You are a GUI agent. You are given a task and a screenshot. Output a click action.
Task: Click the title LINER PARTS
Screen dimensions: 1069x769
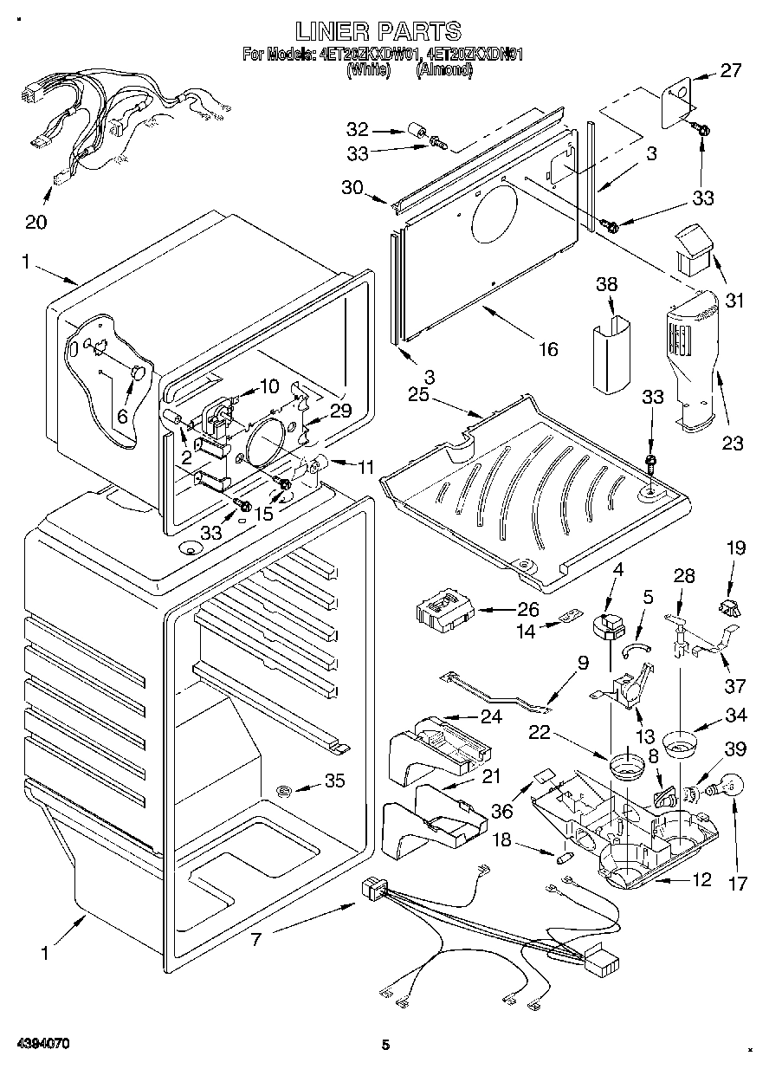[378, 31]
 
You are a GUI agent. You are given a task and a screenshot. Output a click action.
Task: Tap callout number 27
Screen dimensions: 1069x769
[732, 71]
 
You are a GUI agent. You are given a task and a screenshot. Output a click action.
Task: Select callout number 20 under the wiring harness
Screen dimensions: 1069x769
[36, 222]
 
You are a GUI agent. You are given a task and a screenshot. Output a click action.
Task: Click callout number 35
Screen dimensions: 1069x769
[334, 781]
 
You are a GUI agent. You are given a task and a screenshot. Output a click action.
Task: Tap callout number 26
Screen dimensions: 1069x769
[528, 609]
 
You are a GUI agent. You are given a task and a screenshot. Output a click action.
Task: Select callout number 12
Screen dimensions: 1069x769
[702, 880]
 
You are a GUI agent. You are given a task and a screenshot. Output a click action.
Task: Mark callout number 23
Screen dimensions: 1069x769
[733, 443]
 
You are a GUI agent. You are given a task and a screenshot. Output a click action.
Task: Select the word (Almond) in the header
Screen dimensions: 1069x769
[445, 71]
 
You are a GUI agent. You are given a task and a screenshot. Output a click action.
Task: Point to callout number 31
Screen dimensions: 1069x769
[734, 301]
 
